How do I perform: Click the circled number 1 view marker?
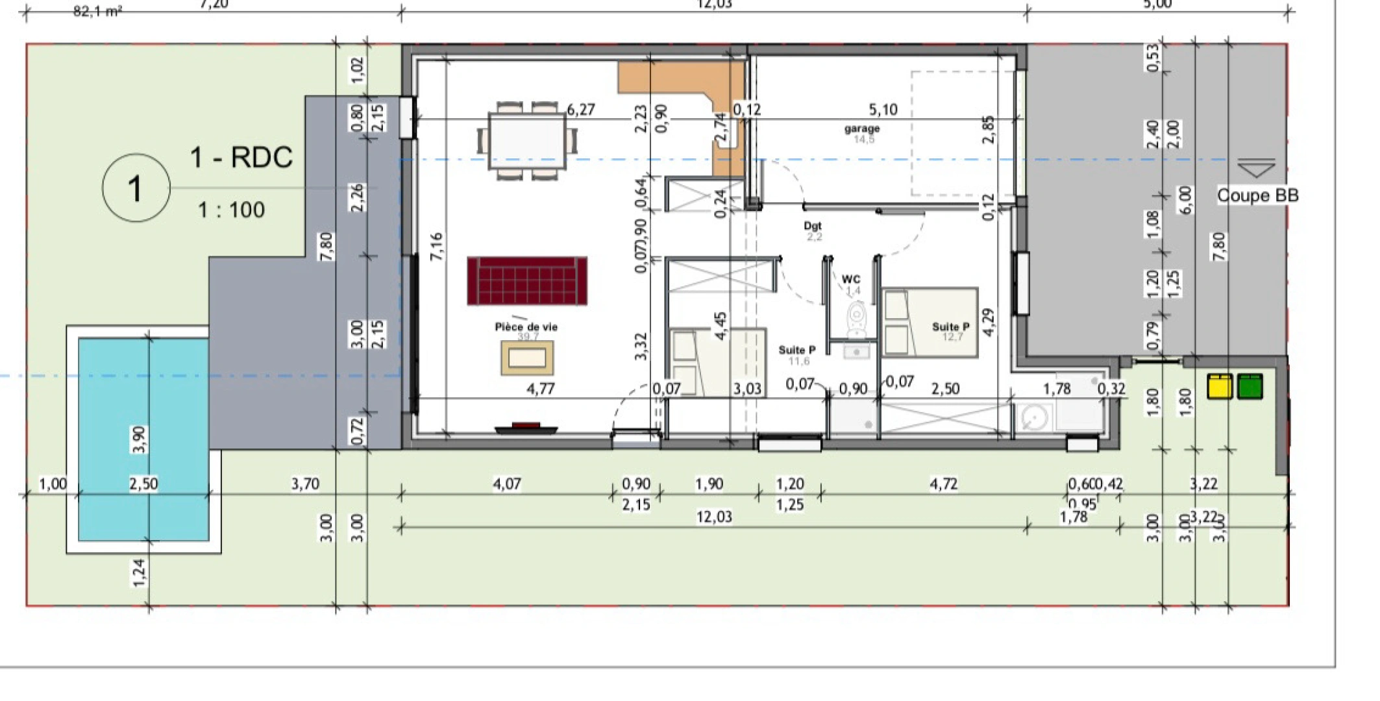136,188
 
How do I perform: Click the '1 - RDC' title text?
241,158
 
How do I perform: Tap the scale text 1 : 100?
231,210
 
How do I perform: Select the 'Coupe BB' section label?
1257,195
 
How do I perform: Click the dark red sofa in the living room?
526,281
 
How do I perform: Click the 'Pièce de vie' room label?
526,327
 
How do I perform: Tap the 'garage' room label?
862,129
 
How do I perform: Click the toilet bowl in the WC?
857,318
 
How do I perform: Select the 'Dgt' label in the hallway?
813,226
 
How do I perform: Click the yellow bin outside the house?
1219,386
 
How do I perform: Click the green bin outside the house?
1250,386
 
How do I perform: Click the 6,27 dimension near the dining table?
580,110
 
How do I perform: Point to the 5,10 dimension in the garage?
883,110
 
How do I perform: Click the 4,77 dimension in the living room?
540,389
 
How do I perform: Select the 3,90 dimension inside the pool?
139,439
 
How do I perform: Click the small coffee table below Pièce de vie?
526,358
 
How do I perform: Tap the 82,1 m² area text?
97,11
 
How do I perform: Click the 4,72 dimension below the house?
943,484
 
